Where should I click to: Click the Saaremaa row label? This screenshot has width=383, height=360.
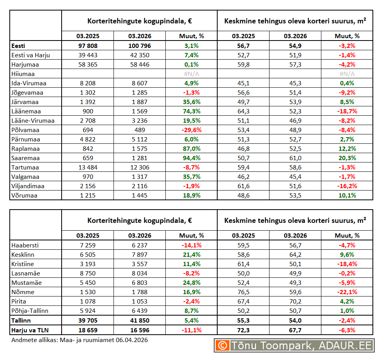[x=26, y=158]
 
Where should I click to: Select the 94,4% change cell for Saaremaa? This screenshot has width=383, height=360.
[x=191, y=158]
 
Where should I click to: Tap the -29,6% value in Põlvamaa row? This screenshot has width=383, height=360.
[x=191, y=130]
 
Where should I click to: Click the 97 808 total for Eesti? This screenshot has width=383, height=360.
[x=88, y=46]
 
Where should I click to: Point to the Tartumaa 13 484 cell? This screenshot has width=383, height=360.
[x=88, y=168]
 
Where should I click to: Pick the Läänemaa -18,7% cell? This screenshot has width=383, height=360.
[x=347, y=111]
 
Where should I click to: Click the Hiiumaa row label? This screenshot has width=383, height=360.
[x=23, y=74]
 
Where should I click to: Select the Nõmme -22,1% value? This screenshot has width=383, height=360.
[x=347, y=292]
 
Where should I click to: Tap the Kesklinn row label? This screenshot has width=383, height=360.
[x=23, y=255]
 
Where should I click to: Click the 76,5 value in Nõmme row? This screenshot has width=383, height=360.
[x=243, y=292]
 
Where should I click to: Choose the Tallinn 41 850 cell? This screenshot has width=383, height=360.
[x=140, y=320]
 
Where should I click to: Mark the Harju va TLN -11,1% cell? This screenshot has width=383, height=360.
[x=191, y=330]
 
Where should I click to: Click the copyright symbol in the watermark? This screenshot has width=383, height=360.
[x=222, y=345]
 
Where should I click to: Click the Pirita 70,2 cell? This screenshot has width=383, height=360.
[x=295, y=302]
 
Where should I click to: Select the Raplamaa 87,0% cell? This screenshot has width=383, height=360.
[x=191, y=149]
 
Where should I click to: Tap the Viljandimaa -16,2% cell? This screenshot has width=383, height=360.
[x=347, y=186]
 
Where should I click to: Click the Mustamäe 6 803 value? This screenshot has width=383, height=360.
[x=140, y=283]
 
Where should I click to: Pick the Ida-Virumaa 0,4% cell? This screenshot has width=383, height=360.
[x=347, y=83]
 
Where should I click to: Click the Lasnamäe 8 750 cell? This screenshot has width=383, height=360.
[x=88, y=274]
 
